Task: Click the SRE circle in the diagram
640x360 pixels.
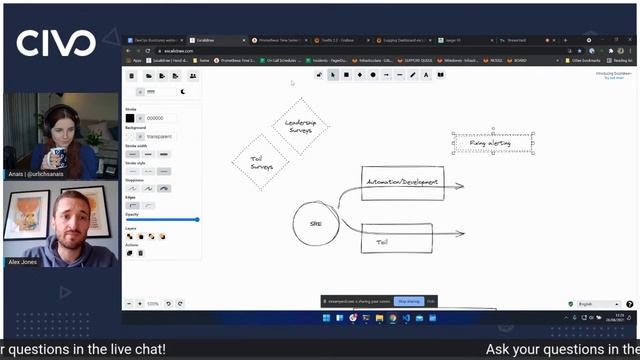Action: coord(316,223)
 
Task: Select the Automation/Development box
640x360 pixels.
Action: coord(402,183)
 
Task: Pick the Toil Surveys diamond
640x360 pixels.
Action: coord(261,161)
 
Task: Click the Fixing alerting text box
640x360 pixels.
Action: coord(492,144)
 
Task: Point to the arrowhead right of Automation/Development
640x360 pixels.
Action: coord(460,186)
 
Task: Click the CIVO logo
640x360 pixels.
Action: coord(56,43)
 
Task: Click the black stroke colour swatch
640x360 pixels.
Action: coord(130,118)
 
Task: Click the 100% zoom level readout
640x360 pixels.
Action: coord(153,303)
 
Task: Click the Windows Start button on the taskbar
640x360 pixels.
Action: coord(324,319)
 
